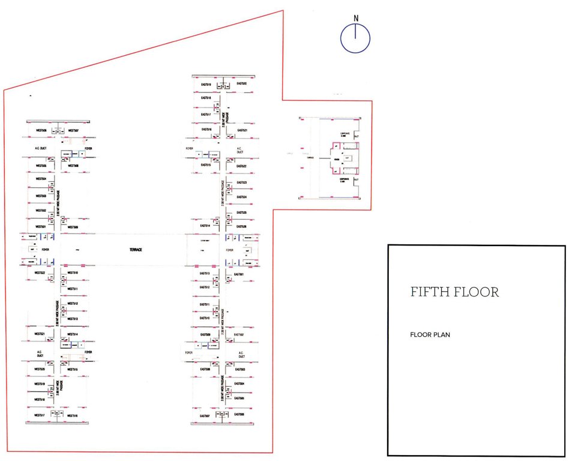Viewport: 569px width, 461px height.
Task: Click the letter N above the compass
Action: tap(356, 18)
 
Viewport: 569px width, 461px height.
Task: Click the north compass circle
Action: tap(355, 38)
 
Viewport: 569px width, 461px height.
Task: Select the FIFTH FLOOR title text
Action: tap(455, 292)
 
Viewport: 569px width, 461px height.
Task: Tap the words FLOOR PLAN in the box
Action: tap(430, 335)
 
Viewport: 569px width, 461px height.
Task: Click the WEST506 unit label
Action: tap(41, 130)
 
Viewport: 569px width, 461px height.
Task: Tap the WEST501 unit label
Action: tap(41, 227)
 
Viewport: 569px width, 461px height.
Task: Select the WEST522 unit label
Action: tap(40, 273)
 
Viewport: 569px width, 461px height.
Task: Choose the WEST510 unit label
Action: tap(73, 273)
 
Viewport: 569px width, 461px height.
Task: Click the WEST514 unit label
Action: tap(73, 334)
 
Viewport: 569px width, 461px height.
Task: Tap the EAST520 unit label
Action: tap(242, 83)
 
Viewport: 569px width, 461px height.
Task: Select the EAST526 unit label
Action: tap(242, 226)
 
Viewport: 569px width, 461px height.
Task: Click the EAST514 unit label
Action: tap(205, 226)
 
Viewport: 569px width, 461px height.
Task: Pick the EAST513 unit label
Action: tap(205, 274)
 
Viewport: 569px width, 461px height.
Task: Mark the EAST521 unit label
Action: tap(242, 130)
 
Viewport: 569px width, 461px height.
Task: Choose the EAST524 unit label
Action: tap(242, 197)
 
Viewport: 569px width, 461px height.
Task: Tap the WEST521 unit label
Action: tap(40, 334)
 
